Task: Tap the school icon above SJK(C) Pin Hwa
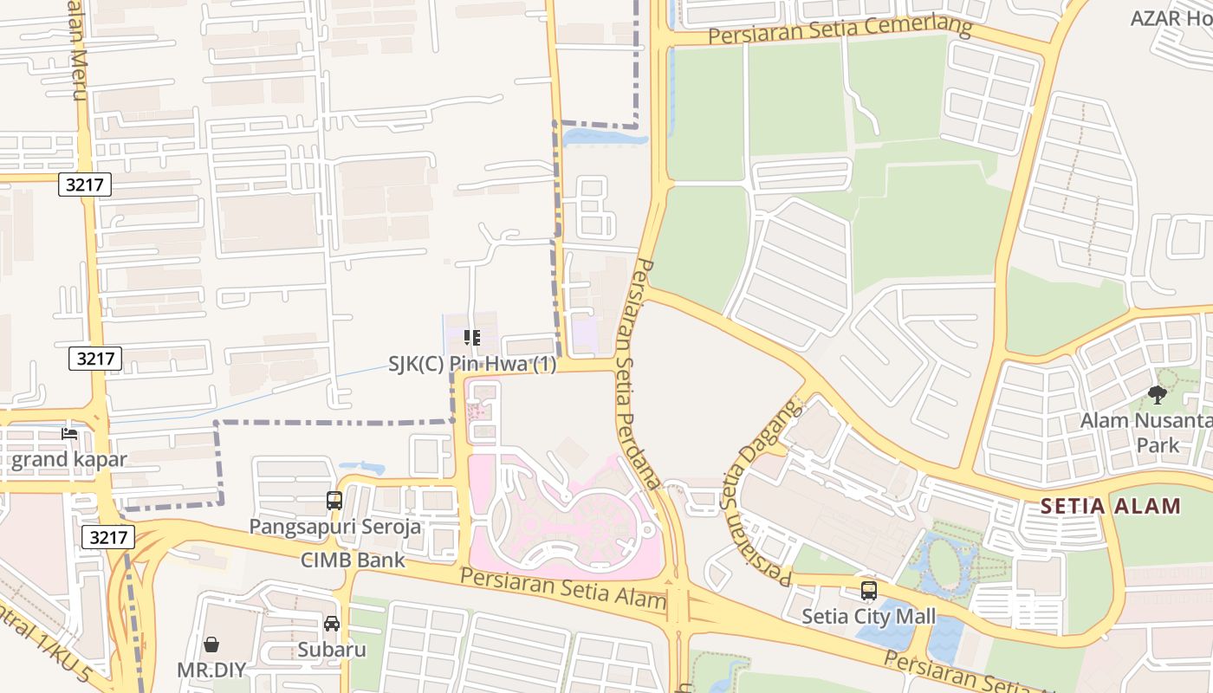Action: [x=472, y=338]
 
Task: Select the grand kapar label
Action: [x=69, y=459]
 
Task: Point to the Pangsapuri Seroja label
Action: [x=335, y=526]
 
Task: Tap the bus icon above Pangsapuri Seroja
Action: [x=334, y=500]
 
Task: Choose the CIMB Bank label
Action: [x=353, y=560]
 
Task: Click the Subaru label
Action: [x=332, y=649]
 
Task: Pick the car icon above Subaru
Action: [x=332, y=624]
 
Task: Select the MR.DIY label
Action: [x=211, y=670]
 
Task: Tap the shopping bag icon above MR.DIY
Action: [x=211, y=644]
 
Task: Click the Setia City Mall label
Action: [x=868, y=616]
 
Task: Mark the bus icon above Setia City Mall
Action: [x=868, y=591]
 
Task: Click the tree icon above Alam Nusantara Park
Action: [x=1158, y=396]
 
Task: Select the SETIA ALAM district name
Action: [x=1110, y=506]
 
